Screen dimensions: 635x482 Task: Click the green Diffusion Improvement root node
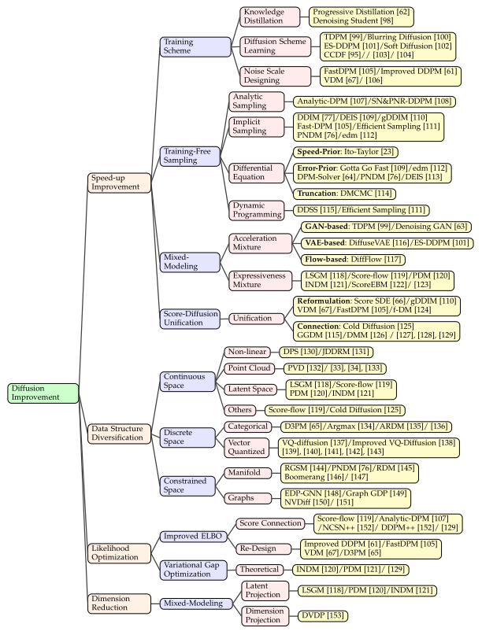point(44,393)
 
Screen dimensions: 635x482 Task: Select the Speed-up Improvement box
point(119,183)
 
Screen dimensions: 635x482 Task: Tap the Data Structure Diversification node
point(119,432)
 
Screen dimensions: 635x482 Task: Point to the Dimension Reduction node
point(119,603)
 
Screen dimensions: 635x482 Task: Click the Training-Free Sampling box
point(190,154)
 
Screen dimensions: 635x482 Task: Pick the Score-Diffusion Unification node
point(190,318)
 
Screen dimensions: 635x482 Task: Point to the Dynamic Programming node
point(257,209)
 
